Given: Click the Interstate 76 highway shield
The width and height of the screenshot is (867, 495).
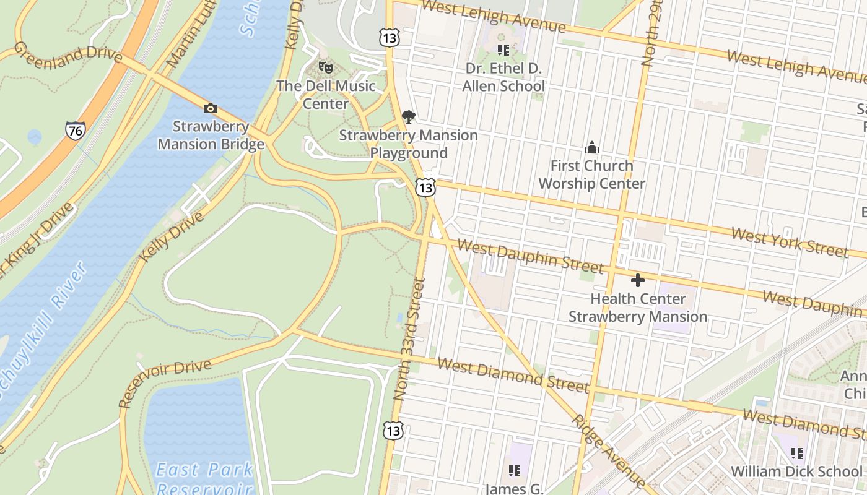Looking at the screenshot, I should (x=74, y=130).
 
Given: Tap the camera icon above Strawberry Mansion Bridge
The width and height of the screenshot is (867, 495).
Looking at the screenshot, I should (x=211, y=109).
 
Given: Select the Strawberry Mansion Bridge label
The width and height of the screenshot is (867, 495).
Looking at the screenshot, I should (x=211, y=136).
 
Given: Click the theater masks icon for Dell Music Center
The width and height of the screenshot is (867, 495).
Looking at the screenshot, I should (x=326, y=67).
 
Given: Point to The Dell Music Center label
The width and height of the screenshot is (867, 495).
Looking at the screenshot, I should (x=326, y=95).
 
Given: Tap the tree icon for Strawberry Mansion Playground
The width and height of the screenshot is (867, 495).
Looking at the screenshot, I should (x=408, y=116).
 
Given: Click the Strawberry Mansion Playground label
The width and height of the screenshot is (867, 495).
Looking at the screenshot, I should (x=409, y=144).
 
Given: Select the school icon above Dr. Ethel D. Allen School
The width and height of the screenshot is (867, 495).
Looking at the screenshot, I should (x=503, y=49).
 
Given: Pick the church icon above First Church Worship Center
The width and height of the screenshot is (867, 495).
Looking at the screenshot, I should (x=592, y=147).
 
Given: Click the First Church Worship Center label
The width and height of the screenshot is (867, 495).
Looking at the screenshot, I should (x=592, y=174).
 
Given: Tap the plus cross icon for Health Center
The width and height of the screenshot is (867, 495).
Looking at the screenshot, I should (x=637, y=280).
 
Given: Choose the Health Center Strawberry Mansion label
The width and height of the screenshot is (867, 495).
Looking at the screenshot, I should (x=638, y=308).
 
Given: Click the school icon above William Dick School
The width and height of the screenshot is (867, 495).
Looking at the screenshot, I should (x=797, y=454).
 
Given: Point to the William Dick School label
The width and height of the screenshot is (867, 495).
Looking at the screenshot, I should (x=796, y=471).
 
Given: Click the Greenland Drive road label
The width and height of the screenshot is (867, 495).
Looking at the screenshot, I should (x=68, y=53).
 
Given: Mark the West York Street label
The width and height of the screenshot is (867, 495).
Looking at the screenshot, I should (x=789, y=242).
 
